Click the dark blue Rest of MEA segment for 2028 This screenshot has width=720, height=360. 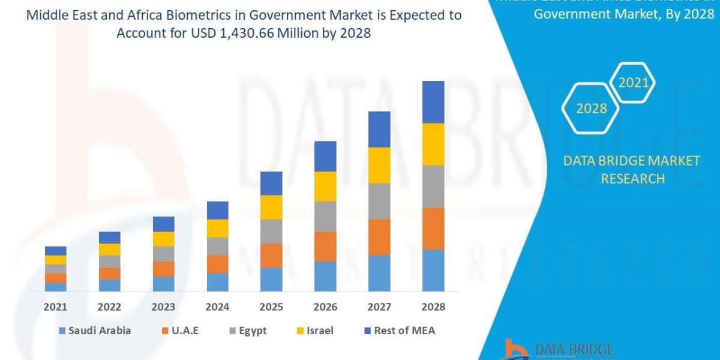(x=433, y=102)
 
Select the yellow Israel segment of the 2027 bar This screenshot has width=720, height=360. (x=379, y=165)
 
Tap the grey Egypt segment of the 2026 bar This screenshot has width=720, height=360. (x=325, y=216)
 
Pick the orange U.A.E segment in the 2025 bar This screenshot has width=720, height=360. (x=271, y=255)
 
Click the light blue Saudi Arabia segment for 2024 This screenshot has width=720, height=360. (x=217, y=282)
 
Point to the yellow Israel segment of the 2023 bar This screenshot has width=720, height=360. (x=163, y=239)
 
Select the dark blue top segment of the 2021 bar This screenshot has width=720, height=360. (x=56, y=251)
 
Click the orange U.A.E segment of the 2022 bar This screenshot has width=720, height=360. (x=109, y=273)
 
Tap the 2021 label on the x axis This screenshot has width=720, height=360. (x=55, y=307)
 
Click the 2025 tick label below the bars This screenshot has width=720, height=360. (x=271, y=307)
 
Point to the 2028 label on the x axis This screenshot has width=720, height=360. (x=433, y=307)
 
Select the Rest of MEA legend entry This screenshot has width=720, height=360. (x=399, y=331)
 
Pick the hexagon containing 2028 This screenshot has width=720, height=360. (x=590, y=109)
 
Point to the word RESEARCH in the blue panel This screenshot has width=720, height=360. (x=632, y=178)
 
